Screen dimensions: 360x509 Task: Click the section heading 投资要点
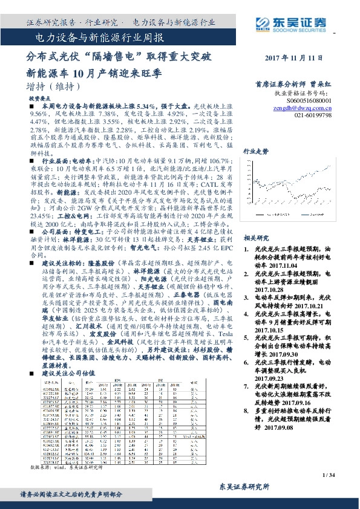[39, 97]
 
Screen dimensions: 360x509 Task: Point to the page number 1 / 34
[329, 476]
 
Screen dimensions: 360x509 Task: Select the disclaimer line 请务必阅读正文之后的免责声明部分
[78, 494]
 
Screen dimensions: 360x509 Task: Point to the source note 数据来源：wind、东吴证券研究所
[67, 467]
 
